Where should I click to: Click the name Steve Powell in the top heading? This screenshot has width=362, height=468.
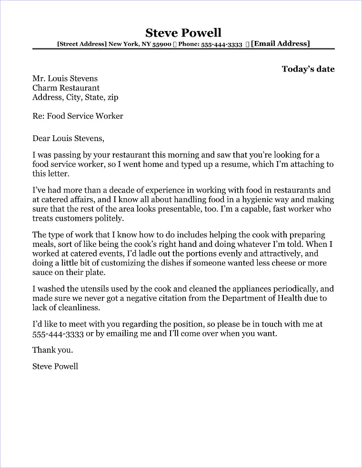coord(183,32)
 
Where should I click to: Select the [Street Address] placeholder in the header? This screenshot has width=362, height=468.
coord(82,44)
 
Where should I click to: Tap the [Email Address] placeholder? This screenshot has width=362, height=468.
coord(280,44)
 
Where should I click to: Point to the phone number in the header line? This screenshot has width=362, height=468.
coord(222,44)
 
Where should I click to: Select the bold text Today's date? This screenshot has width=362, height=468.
coord(308,69)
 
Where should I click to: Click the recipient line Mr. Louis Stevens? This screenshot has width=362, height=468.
coord(65,79)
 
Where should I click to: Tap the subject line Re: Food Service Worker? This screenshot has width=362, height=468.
coord(78,116)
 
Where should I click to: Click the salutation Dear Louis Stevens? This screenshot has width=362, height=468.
coord(68,139)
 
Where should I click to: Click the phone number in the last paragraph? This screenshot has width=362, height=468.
coord(58,334)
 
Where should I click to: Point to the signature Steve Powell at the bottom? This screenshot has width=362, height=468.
coord(55,366)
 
